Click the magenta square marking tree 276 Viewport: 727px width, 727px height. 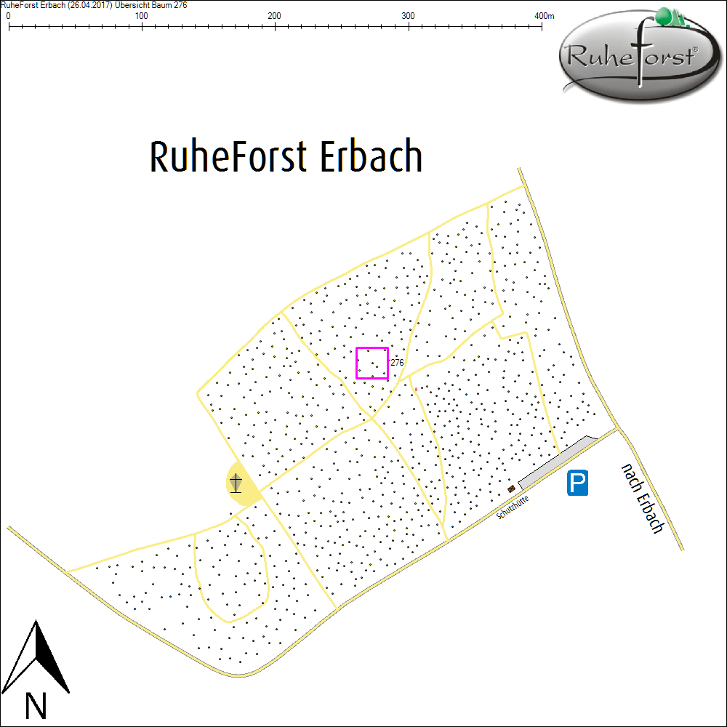coord(371,363)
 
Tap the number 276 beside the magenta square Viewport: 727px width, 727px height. coord(397,362)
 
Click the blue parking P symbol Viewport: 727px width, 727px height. coord(578,483)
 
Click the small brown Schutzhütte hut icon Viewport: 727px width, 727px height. coord(511,489)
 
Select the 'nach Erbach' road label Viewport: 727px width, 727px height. coord(643,497)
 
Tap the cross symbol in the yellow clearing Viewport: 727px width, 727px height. coord(236,483)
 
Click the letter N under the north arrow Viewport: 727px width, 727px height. coord(36,705)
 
